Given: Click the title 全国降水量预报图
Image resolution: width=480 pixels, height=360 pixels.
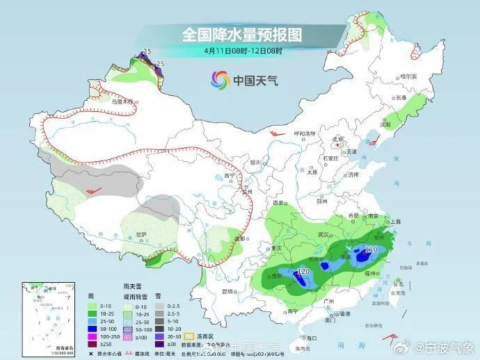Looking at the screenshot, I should (x=243, y=33).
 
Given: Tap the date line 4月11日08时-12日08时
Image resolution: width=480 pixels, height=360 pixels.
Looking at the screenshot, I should (x=243, y=50).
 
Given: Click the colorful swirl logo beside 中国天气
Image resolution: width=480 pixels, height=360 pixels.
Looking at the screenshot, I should (x=221, y=81).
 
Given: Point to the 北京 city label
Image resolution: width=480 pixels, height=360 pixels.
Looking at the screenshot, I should (x=339, y=138).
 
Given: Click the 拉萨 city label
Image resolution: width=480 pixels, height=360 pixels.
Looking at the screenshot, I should (x=141, y=234).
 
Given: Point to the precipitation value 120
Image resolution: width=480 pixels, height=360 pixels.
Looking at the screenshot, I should (x=303, y=271).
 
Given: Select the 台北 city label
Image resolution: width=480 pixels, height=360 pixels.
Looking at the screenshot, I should (x=399, y=284).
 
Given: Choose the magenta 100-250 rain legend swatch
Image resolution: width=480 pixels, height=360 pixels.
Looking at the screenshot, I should (x=91, y=336).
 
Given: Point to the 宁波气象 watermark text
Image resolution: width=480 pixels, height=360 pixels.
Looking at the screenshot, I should (x=449, y=346).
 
